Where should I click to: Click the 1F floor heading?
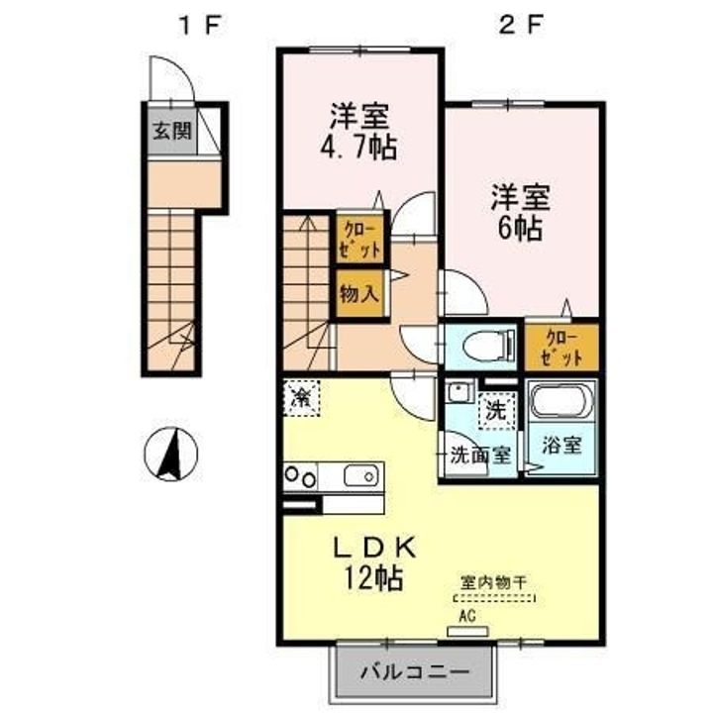(x=199, y=26)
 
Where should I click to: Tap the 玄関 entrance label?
(x=172, y=131)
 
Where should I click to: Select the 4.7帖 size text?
(x=359, y=148)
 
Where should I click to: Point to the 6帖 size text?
(x=520, y=228)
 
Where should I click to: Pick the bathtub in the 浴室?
(x=562, y=401)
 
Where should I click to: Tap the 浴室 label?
(x=562, y=445)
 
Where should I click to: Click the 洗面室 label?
(x=480, y=455)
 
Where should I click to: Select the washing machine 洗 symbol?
(x=496, y=411)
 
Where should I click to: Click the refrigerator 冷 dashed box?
(x=301, y=397)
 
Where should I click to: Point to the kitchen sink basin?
(x=361, y=475)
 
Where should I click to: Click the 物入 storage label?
(x=359, y=294)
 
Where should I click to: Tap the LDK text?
(x=374, y=548)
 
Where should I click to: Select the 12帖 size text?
(x=373, y=577)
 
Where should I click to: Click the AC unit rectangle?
(x=467, y=631)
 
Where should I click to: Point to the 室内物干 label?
(x=494, y=582)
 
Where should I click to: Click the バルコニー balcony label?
(x=415, y=671)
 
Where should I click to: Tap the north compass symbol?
(x=171, y=454)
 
